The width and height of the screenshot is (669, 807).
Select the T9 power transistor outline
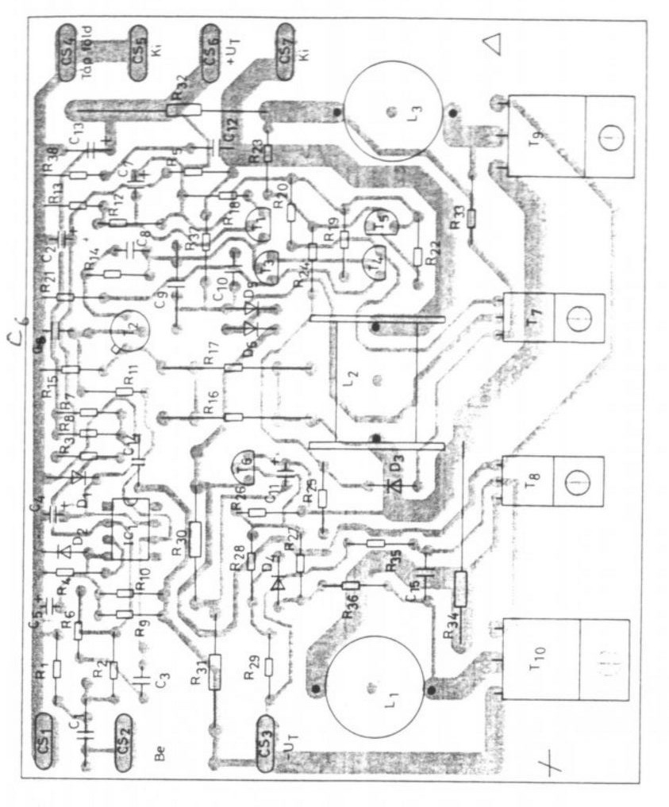point(571,136)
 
